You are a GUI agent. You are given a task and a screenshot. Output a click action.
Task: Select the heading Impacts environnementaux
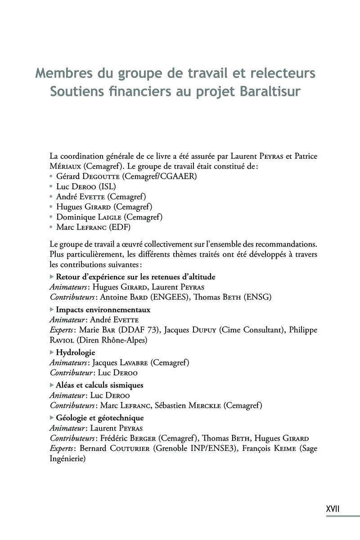pos(103,310)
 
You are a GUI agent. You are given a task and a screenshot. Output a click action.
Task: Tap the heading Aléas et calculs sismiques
pos(99,385)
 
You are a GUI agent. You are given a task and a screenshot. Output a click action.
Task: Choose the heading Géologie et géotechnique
pos(99,418)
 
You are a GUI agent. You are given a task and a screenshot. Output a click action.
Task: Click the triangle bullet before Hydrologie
pos(51,352)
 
